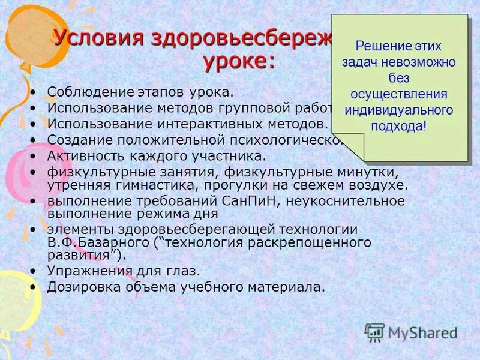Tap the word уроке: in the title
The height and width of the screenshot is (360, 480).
(238, 61)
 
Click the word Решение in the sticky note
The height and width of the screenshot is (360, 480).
(379, 46)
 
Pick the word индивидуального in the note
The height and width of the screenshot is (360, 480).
(398, 110)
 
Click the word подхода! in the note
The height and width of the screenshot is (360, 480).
(399, 126)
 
